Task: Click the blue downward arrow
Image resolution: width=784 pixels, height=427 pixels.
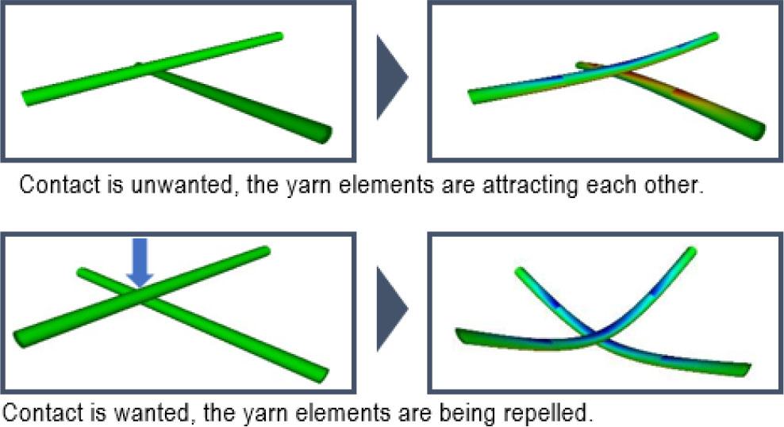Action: (x=140, y=263)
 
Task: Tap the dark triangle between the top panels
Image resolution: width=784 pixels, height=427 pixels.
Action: (x=393, y=78)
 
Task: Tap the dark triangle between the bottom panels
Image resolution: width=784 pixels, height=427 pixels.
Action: (x=393, y=309)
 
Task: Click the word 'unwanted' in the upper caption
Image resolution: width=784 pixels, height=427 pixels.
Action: (x=182, y=185)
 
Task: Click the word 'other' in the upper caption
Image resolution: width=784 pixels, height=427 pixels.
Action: (x=674, y=185)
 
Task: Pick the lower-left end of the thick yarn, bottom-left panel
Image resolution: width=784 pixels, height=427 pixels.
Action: (x=21, y=338)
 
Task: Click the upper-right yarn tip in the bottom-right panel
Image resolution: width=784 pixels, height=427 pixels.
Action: (x=691, y=251)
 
